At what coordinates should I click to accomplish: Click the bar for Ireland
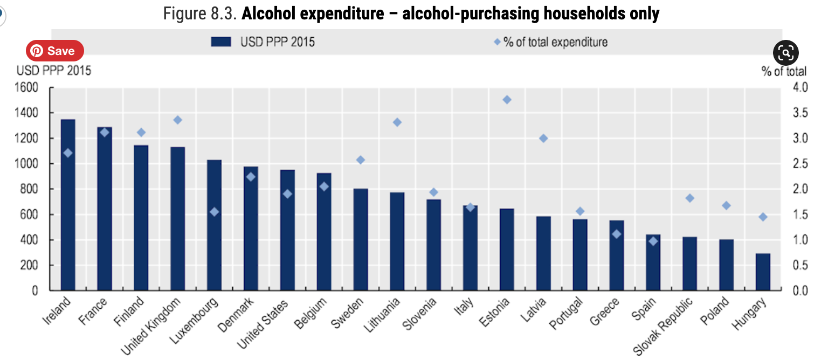coord(68,205)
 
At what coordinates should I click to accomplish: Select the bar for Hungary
coord(763,272)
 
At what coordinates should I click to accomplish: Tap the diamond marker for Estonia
coord(507,100)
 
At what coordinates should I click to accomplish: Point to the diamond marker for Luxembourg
coord(214,212)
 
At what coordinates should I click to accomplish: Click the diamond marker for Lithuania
coord(397,122)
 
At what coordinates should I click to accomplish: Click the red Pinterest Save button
coord(54,51)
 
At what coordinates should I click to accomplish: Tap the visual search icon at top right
coord(785,53)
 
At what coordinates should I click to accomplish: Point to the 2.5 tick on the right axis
coord(796,164)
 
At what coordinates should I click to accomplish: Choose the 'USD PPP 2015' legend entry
coord(263,42)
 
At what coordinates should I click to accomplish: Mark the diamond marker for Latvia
coord(543,139)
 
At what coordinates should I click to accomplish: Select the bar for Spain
coord(653,262)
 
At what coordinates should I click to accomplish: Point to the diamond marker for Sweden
coord(361,160)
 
